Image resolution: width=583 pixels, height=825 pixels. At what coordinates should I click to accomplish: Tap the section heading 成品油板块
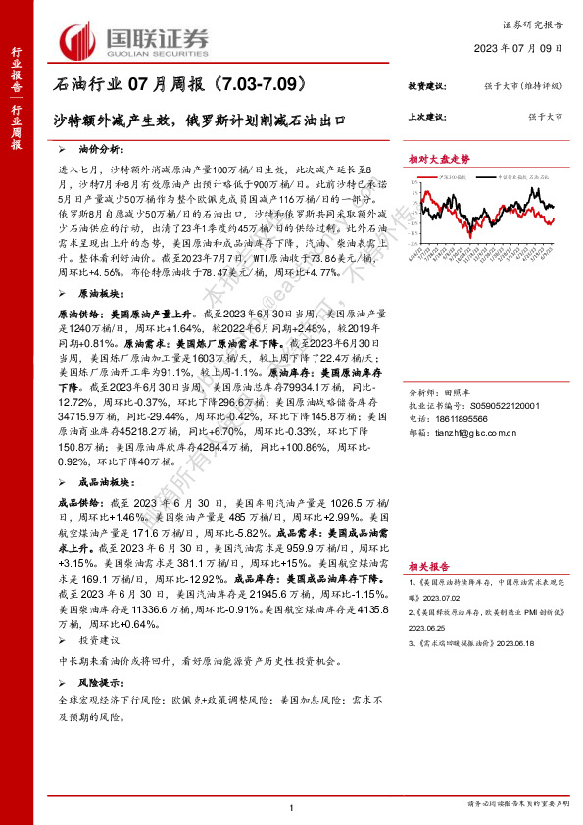point(103,482)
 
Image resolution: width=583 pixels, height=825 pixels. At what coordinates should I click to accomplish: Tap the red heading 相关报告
point(429,566)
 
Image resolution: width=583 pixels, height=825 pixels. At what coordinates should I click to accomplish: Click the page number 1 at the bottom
point(292,807)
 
